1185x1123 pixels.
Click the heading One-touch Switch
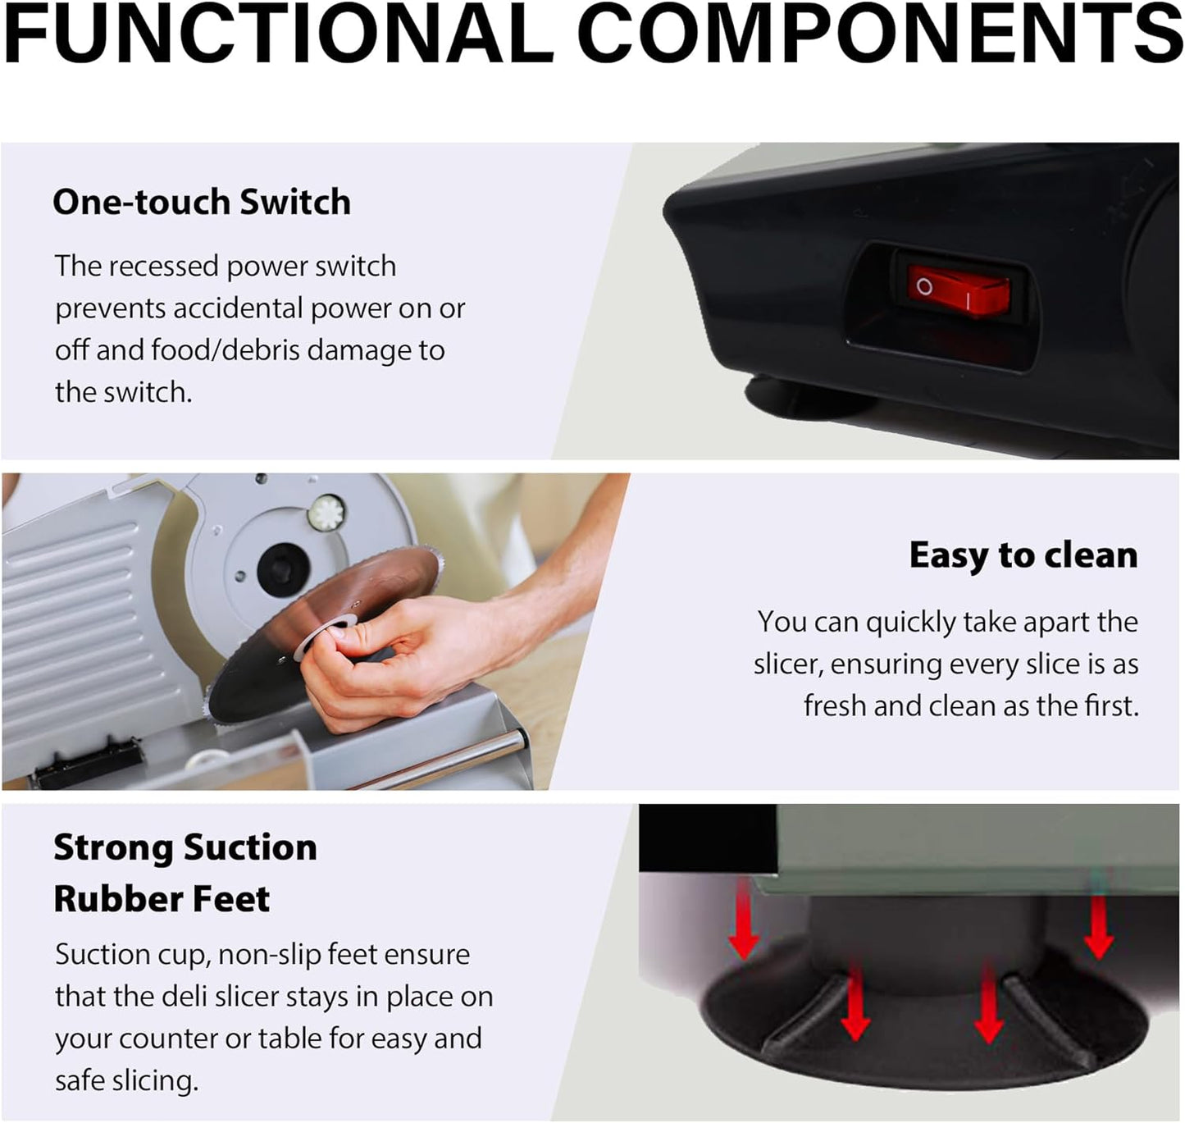(201, 202)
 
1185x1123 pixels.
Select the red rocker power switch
(959, 290)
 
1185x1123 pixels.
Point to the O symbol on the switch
(924, 286)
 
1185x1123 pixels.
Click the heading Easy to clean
(1023, 555)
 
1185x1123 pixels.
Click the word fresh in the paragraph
(834, 705)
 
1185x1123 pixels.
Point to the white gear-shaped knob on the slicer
(326, 513)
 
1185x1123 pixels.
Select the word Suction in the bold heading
(249, 847)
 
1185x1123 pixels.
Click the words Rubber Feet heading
(162, 899)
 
